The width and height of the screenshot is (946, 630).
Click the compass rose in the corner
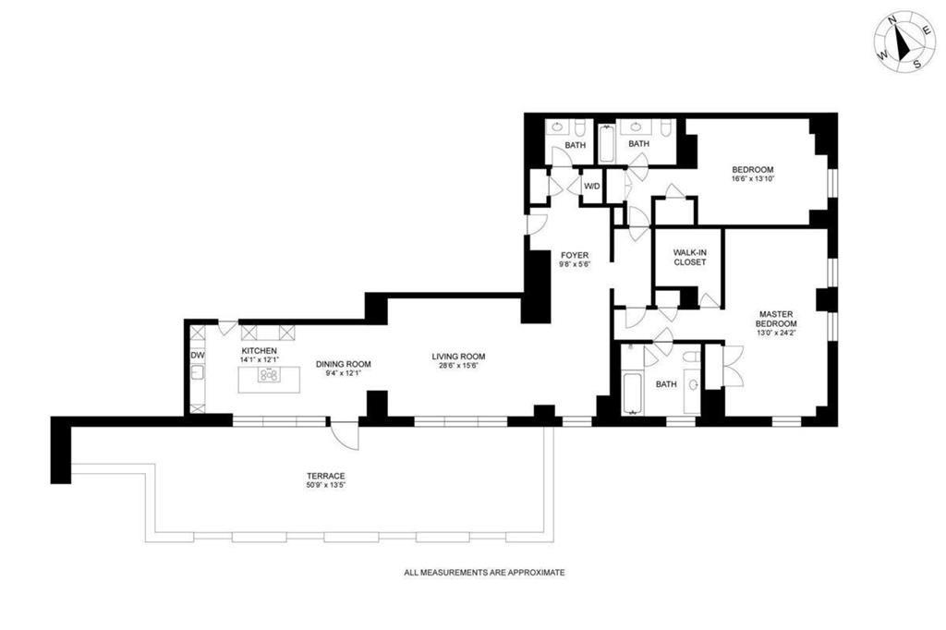click(x=905, y=43)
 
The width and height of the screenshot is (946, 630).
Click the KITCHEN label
click(x=260, y=352)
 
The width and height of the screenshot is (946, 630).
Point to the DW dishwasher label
click(x=197, y=355)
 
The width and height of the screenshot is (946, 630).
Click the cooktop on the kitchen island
click(x=269, y=375)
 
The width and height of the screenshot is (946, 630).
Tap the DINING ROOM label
click(x=343, y=364)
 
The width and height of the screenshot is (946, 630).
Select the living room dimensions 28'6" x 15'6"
click(x=458, y=367)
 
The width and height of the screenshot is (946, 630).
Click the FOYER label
click(x=574, y=255)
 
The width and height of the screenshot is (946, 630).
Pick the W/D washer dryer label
click(x=591, y=187)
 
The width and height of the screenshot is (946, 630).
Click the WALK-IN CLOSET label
click(x=689, y=257)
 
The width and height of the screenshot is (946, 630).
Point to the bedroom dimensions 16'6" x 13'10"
click(x=752, y=179)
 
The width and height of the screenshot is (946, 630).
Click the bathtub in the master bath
click(x=632, y=381)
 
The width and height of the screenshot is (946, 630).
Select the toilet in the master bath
click(x=692, y=383)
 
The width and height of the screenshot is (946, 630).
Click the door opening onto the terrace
click(x=344, y=432)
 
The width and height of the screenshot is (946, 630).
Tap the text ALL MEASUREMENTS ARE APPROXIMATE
click(x=484, y=573)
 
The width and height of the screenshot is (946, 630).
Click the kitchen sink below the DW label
click(x=196, y=374)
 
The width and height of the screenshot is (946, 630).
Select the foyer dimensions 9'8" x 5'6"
click(x=574, y=265)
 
